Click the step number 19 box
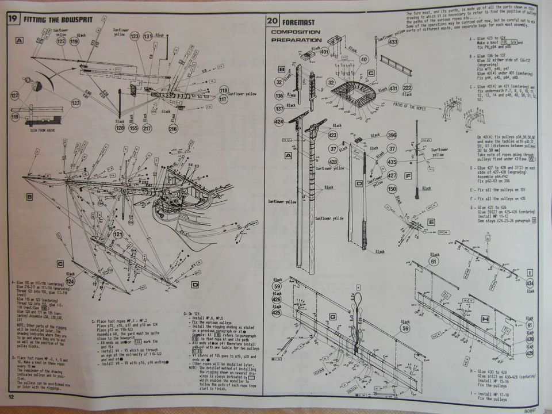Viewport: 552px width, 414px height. pyautogui.click(x=12, y=18)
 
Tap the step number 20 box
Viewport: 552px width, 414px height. pyautogui.click(x=273, y=21)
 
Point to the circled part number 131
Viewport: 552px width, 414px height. pyautogui.click(x=148, y=36)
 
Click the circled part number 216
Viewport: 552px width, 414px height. pyautogui.click(x=173, y=129)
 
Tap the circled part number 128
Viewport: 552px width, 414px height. pyautogui.click(x=120, y=128)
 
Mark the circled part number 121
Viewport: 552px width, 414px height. pyautogui.click(x=119, y=235)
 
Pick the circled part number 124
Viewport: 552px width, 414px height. pyautogui.click(x=70, y=281)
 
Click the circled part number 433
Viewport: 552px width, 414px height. pyautogui.click(x=393, y=41)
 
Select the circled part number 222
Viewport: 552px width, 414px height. pyautogui.click(x=407, y=87)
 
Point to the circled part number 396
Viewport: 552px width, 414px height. pyautogui.click(x=392, y=136)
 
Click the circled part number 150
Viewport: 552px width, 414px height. pyautogui.click(x=392, y=189)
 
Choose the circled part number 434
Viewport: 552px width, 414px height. pyautogui.click(x=530, y=283)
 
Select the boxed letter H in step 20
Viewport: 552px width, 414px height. pyautogui.click(x=484, y=318)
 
